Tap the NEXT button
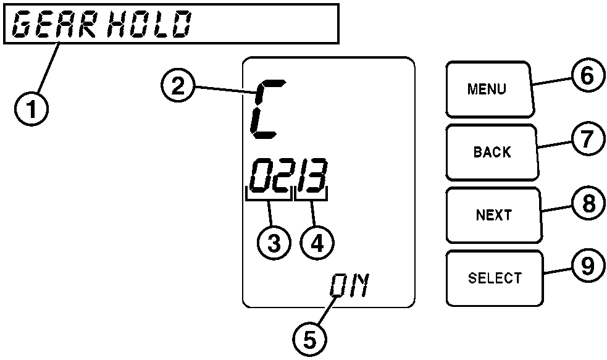(493, 215)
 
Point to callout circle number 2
(178, 87)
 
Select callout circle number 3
(273, 243)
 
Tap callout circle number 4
(317, 243)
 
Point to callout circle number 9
(582, 266)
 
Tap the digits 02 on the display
(270, 176)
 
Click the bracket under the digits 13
(312, 197)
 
